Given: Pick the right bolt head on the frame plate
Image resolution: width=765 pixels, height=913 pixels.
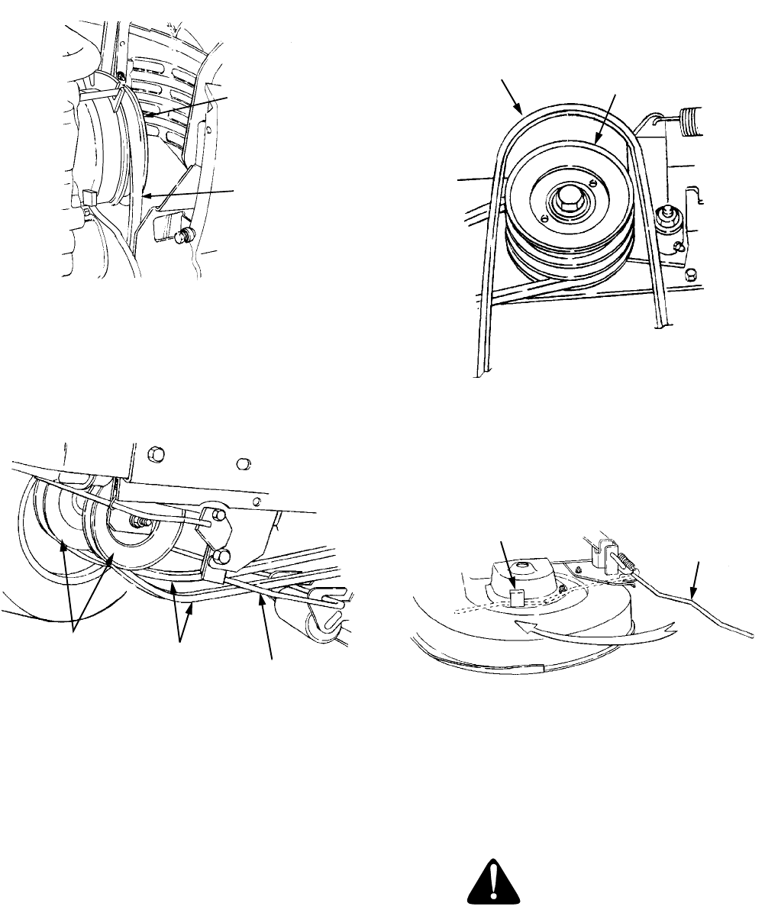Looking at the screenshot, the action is click(244, 463).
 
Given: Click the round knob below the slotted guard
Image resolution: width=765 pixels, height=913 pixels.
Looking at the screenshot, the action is click(182, 235).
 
